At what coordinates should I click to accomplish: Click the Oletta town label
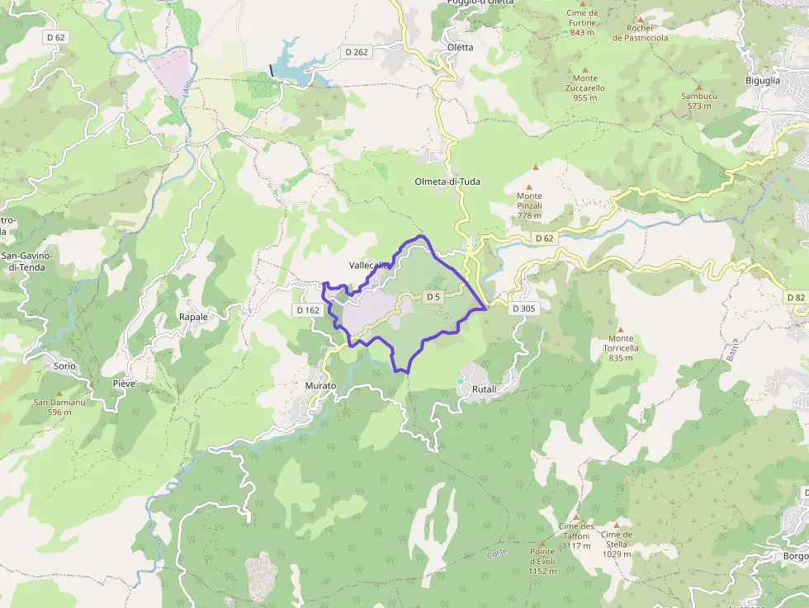point(460,47)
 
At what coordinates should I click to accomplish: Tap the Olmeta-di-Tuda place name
point(447,181)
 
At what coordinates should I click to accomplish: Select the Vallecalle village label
point(368,265)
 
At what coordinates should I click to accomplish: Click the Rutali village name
point(484,389)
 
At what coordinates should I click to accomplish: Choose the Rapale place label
point(193,317)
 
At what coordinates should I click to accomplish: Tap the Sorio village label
point(64,365)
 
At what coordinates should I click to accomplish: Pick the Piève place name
point(124,384)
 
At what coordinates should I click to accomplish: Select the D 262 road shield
point(357,51)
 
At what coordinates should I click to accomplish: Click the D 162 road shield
point(306,310)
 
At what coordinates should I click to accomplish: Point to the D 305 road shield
point(523,309)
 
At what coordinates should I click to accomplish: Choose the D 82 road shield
point(795,297)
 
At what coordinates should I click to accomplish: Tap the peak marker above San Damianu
point(59,394)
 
